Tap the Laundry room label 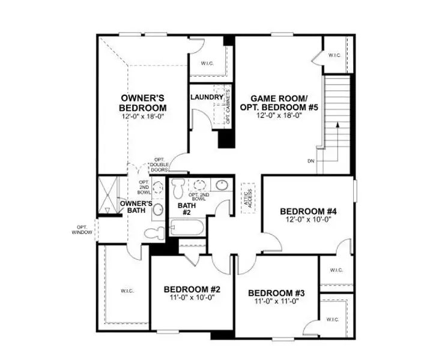pos(207,97)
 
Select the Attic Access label pos(248,197)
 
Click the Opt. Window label pos(82,229)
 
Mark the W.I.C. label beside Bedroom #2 pos(127,291)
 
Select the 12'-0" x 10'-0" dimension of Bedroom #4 pos(308,220)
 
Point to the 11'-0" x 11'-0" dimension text pos(276,301)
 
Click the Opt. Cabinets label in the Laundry pos(228,107)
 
